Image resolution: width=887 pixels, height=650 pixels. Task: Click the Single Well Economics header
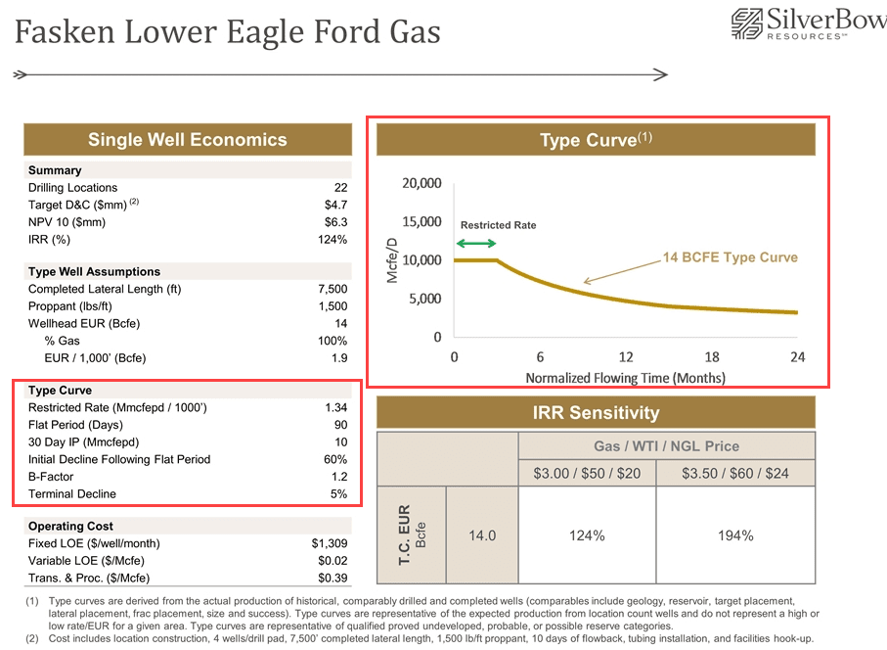[x=187, y=139]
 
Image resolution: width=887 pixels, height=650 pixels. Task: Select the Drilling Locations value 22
[x=339, y=188]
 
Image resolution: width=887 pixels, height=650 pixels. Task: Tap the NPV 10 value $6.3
[x=335, y=222]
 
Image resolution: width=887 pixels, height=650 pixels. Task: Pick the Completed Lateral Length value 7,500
[x=333, y=289]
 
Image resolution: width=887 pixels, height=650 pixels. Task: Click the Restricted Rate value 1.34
[x=335, y=407]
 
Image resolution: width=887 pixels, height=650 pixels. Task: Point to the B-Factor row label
[x=52, y=477]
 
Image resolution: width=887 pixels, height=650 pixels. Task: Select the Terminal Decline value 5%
[x=338, y=494]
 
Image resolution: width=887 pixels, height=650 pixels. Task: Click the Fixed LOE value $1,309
[x=329, y=543]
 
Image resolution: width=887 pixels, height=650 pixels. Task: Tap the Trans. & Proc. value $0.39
[x=332, y=578]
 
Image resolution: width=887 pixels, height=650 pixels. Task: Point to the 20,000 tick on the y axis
[x=422, y=183]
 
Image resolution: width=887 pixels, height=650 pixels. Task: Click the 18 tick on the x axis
[x=712, y=357]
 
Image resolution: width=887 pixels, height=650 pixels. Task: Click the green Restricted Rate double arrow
[x=476, y=242]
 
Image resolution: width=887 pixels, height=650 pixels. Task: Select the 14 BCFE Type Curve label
[x=731, y=257]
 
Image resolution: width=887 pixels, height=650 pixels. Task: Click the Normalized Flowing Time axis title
[x=625, y=378]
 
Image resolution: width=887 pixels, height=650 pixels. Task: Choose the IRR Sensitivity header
[x=596, y=412]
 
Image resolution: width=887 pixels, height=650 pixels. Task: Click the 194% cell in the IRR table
[x=734, y=535]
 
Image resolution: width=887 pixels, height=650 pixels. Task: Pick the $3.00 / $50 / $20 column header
[x=586, y=474]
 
